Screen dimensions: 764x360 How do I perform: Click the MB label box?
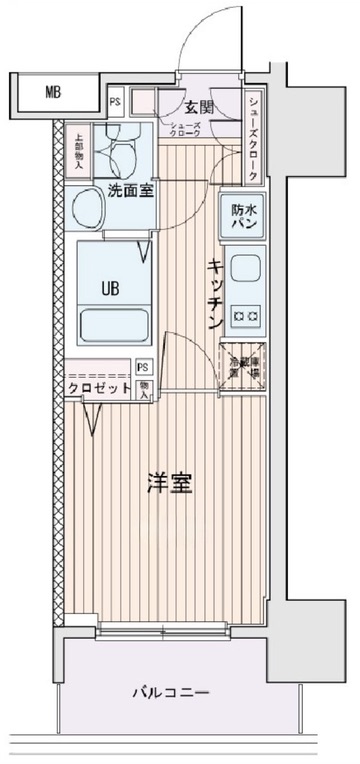(x=53, y=94)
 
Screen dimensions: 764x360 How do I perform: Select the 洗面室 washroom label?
(x=130, y=190)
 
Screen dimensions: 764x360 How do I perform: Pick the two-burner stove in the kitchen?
(x=244, y=318)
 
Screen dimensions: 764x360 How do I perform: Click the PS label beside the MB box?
(x=115, y=100)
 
